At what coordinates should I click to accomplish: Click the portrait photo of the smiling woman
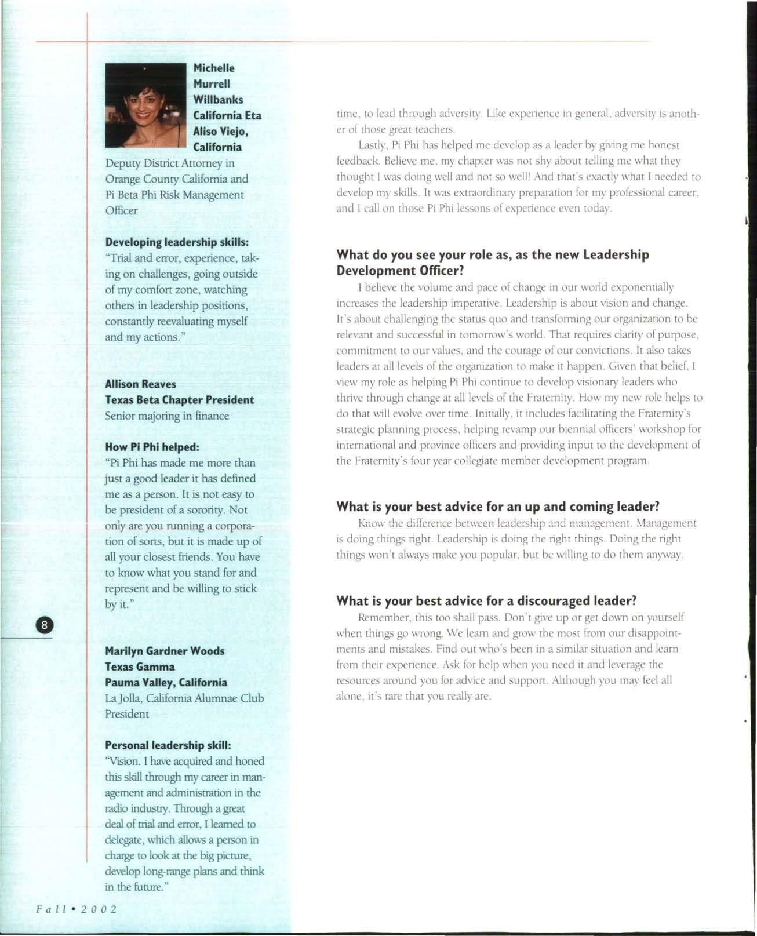pos(147,105)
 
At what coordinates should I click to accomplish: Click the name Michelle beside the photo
pos(214,68)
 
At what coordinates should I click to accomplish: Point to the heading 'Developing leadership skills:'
pos(177,242)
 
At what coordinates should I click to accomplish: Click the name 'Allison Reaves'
pos(140,384)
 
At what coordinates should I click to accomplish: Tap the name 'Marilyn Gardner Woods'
pos(165,651)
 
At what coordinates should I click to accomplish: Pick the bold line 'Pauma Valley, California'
pos(166,682)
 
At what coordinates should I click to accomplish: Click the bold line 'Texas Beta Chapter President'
pos(180,400)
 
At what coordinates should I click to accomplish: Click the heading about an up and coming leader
pos(498,507)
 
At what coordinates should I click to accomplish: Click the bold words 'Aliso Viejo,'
pos(222,132)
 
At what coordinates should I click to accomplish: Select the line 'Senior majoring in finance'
pos(167,416)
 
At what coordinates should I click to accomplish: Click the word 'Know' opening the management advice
pos(370,523)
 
